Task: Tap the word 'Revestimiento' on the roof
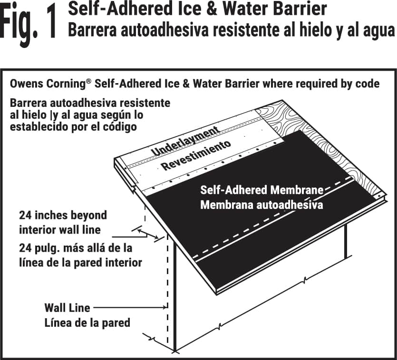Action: [x=196, y=155]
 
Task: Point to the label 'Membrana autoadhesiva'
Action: [x=261, y=205]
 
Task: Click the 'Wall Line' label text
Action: [x=67, y=308]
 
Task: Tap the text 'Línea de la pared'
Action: [x=87, y=322]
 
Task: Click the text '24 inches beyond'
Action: [x=63, y=215]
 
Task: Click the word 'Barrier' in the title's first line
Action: [x=301, y=9]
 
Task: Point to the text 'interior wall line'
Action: [x=60, y=230]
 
